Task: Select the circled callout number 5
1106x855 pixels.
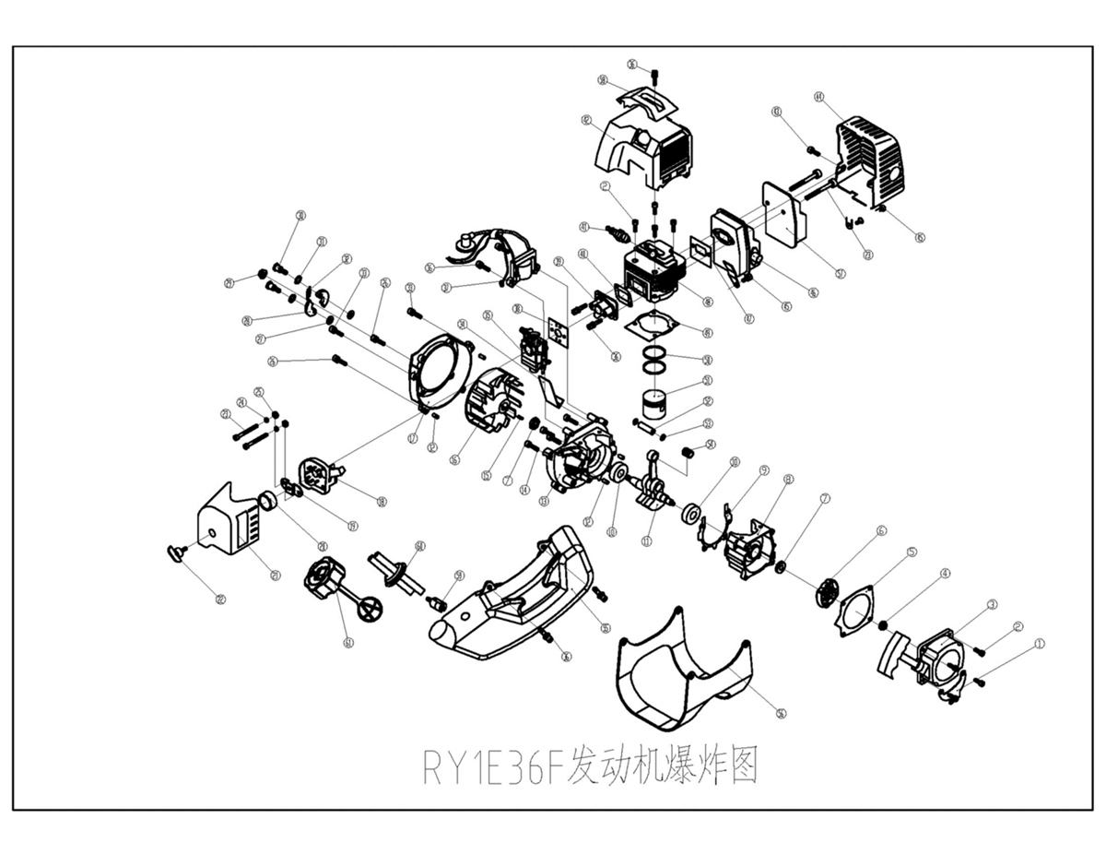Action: (x=912, y=552)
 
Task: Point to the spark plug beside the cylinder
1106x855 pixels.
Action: (x=617, y=232)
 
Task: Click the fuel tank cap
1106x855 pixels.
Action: (x=324, y=577)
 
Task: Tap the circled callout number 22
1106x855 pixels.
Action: (x=220, y=600)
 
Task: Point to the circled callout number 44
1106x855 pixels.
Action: (x=818, y=96)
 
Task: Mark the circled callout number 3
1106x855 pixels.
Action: (x=992, y=604)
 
